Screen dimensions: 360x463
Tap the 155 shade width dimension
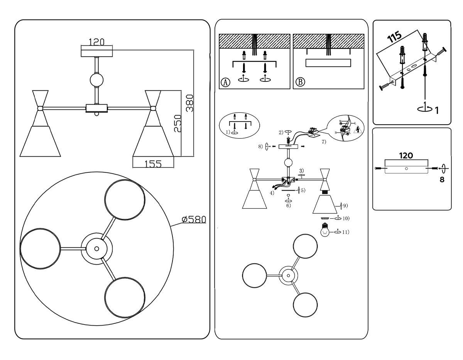(153, 164)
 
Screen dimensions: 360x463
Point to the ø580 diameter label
(194, 220)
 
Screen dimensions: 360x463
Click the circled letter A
(225, 82)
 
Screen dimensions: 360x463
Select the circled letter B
(300, 82)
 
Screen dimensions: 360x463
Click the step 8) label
(261, 146)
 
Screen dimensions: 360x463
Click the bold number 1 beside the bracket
(436, 111)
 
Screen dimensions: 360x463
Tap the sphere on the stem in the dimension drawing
(96, 80)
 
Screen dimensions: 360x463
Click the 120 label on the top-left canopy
(96, 42)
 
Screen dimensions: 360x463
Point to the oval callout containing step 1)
(239, 125)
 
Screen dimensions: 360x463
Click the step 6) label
(288, 206)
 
